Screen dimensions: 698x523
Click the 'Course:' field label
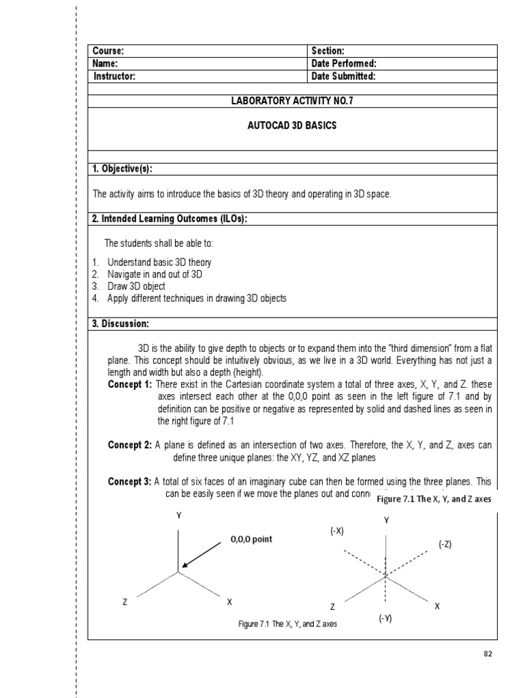tap(108, 51)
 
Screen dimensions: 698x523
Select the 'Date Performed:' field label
tap(344, 63)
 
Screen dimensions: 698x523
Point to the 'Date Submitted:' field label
tap(343, 76)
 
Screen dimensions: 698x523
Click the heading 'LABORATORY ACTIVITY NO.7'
tap(294, 101)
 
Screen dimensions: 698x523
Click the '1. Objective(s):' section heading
tap(127, 169)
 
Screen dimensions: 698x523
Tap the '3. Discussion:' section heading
tap(121, 323)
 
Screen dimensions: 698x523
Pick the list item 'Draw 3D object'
tap(136, 286)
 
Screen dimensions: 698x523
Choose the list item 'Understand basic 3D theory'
tap(159, 262)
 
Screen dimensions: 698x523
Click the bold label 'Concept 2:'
tap(130, 445)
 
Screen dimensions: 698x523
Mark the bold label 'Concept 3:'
tap(130, 481)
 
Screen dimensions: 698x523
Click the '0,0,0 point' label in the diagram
tap(251, 539)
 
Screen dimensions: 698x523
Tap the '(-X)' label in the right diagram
tap(337, 531)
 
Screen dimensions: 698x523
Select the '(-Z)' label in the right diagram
tap(445, 543)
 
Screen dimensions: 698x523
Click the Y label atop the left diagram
tap(179, 516)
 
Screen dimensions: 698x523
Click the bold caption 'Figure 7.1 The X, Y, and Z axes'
tap(434, 499)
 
